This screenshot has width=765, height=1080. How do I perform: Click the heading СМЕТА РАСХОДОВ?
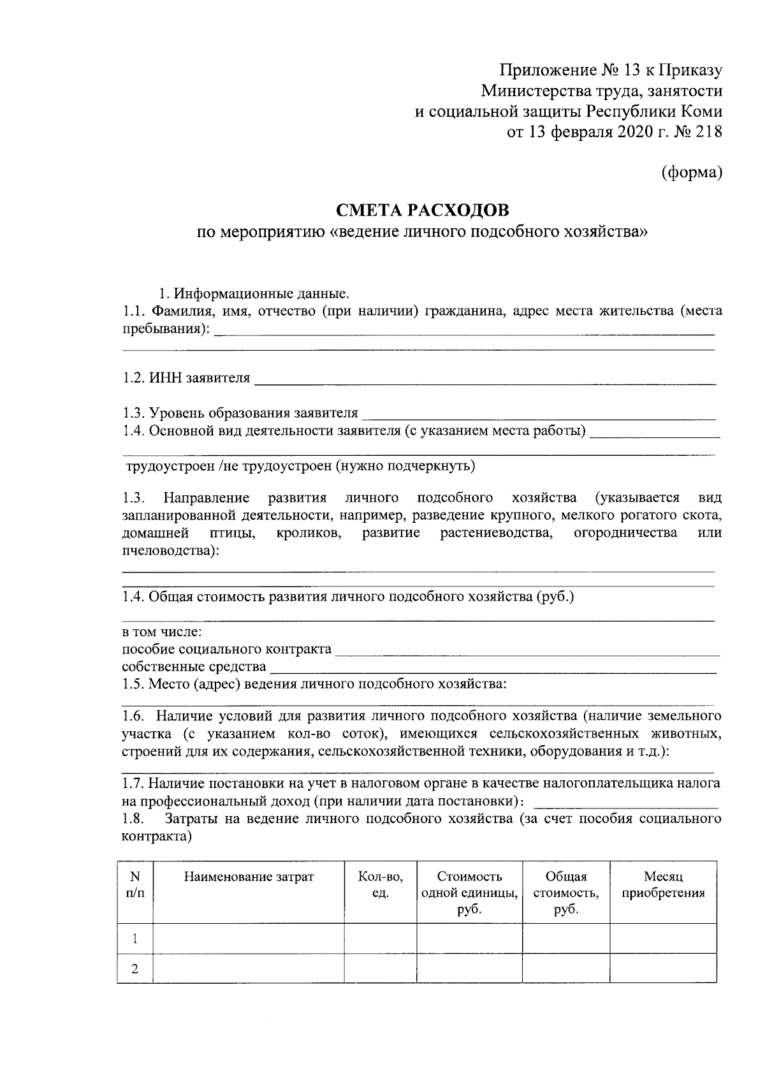pyautogui.click(x=423, y=210)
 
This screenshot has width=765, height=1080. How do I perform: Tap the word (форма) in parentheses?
pyautogui.click(x=691, y=172)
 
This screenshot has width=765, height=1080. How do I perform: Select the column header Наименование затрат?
pyautogui.click(x=249, y=877)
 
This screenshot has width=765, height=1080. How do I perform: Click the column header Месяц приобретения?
pyautogui.click(x=663, y=885)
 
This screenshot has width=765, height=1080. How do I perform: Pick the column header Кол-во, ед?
pyautogui.click(x=380, y=885)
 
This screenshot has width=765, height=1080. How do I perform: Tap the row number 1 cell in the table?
pyautogui.click(x=135, y=939)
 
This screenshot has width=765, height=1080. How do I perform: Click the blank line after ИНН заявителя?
pyautogui.click(x=484, y=381)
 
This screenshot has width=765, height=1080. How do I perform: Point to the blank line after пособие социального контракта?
pyautogui.click(x=527, y=652)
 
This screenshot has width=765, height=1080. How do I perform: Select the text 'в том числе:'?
pyautogui.click(x=162, y=632)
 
